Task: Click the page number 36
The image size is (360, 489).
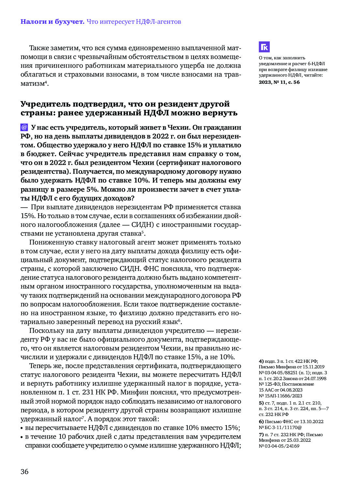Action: tap(24, 472)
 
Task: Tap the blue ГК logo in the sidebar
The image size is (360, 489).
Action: tap(264, 47)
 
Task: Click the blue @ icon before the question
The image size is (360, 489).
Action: tap(24, 127)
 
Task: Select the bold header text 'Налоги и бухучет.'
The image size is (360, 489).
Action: tap(52, 22)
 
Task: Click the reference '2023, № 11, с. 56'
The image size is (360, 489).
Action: tap(279, 82)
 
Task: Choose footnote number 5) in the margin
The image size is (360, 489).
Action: tap(261, 403)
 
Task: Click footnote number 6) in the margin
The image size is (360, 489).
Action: tap(261, 422)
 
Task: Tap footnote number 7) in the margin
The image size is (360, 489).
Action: tap(261, 435)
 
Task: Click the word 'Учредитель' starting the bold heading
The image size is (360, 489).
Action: tap(45, 104)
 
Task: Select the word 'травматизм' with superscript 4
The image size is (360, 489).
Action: tap(33, 83)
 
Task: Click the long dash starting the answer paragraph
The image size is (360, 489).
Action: tap(24, 207)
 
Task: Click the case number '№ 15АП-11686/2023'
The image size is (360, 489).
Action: tap(280, 396)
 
